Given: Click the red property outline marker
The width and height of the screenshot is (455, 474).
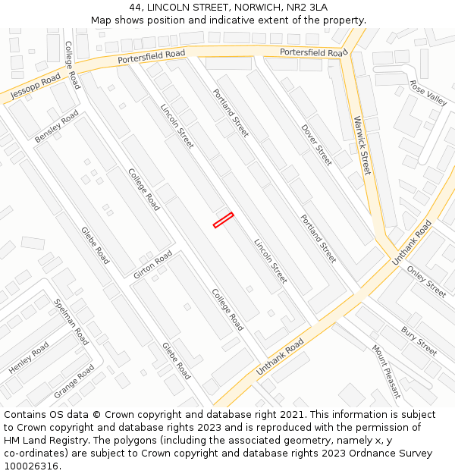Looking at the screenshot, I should [x=223, y=220].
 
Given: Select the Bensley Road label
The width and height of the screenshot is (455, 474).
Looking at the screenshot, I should [x=57, y=127].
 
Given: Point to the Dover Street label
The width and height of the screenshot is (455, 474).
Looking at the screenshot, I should [x=316, y=144].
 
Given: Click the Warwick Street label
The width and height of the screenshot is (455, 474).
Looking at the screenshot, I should [x=362, y=146].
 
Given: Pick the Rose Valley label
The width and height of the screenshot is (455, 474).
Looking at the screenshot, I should [x=428, y=93].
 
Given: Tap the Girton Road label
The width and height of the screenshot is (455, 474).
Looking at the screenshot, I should [x=153, y=265].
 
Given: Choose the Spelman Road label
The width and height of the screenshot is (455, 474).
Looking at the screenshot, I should [x=71, y=322].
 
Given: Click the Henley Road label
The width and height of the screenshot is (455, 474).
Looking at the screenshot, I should [x=29, y=357].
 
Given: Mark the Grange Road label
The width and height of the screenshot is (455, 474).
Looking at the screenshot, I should [x=74, y=382].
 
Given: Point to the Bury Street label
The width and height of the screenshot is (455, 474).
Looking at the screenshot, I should [x=419, y=341].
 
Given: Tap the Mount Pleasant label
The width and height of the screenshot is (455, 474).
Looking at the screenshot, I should [x=385, y=371].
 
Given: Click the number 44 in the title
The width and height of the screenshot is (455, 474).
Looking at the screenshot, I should [x=135, y=7].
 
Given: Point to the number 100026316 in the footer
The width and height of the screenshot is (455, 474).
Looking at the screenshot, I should [x=32, y=466].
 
